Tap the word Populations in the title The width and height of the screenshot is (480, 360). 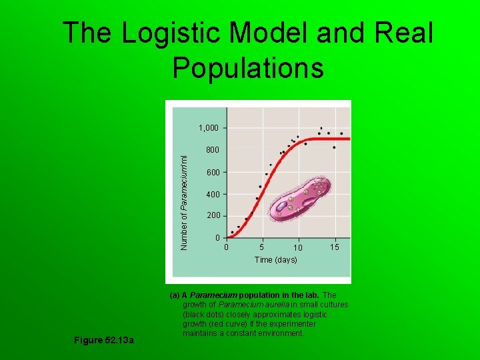click(x=248, y=67)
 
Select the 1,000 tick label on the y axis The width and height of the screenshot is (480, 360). click(x=208, y=127)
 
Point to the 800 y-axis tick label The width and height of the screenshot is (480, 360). click(x=212, y=151)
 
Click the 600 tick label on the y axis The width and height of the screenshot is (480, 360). click(x=212, y=173)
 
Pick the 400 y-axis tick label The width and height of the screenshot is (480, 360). click(x=212, y=195)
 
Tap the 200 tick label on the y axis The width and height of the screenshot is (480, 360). click(x=212, y=216)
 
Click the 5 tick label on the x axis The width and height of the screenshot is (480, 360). click(x=262, y=247)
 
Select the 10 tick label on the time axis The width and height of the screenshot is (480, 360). click(x=298, y=248)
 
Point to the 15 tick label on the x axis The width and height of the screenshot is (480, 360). click(x=335, y=247)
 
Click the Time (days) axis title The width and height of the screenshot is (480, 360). click(x=275, y=260)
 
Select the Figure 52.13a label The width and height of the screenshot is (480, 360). click(x=104, y=341)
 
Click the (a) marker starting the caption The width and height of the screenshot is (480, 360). click(x=175, y=295)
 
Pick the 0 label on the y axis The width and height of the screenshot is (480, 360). click(x=217, y=238)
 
